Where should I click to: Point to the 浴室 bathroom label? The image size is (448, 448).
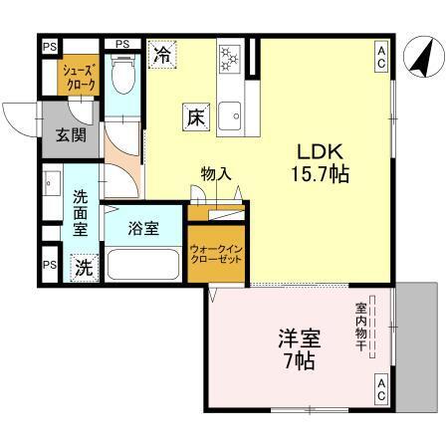[x=143, y=228]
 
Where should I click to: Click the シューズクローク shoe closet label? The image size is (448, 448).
[x=80, y=78]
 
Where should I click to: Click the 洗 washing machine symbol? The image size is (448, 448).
[x=85, y=267]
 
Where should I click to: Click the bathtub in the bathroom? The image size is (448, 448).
[x=143, y=266]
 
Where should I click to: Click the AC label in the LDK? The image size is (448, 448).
[x=381, y=58]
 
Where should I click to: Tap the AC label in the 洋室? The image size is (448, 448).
[x=381, y=391]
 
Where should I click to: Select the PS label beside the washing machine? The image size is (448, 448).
[x=48, y=266]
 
